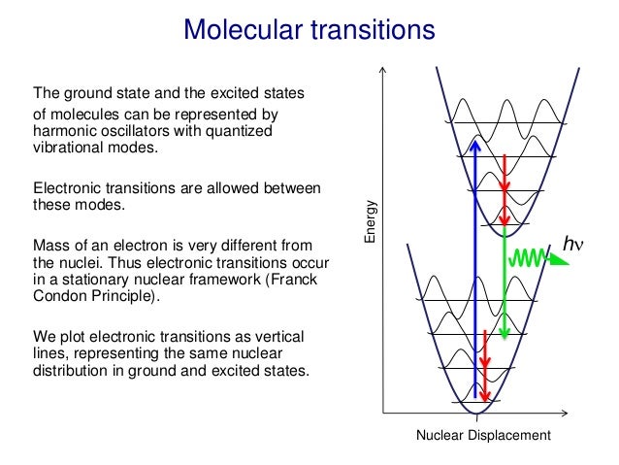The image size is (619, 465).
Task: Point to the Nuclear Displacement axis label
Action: (x=483, y=436)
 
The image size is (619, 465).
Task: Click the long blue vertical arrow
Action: (x=474, y=272)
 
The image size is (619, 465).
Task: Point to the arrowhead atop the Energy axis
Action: (x=385, y=72)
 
